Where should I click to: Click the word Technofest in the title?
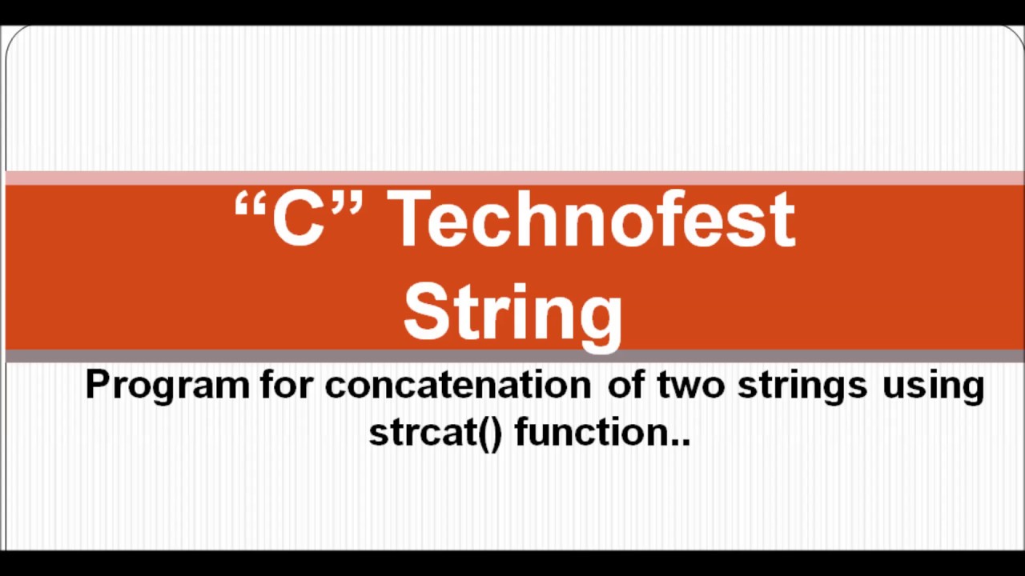click(591, 219)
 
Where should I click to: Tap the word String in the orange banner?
click(512, 312)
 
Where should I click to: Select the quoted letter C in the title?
click(298, 219)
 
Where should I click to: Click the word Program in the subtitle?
click(167, 386)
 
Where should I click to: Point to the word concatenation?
click(457, 385)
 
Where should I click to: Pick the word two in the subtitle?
click(691, 385)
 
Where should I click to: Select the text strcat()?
click(435, 433)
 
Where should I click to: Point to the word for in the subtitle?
click(289, 385)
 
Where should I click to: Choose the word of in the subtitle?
click(625, 385)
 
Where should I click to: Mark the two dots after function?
click(681, 441)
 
